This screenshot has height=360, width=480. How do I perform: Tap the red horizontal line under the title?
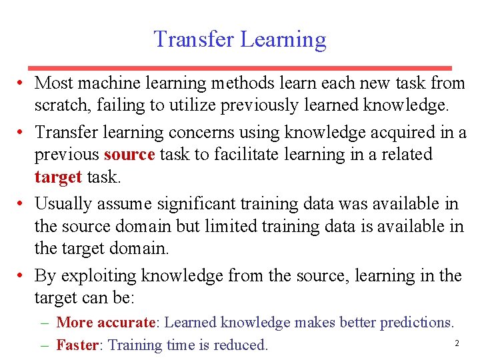click(240, 68)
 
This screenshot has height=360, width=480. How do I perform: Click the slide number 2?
click(457, 343)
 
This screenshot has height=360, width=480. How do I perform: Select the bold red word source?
click(129, 155)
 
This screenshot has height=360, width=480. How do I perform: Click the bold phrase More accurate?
click(105, 323)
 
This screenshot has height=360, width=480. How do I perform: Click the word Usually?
click(61, 203)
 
